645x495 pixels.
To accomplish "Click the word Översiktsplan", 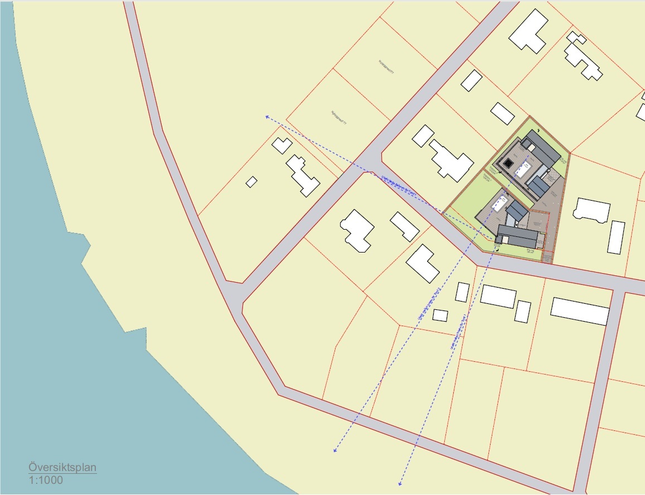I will coord(62,468).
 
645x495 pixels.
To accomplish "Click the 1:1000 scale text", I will coord(46,480).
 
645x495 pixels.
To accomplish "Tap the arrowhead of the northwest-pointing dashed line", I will coord(267,117).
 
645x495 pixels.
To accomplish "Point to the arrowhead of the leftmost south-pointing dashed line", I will coord(334,450).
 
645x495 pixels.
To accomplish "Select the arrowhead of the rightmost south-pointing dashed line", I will coord(400,483).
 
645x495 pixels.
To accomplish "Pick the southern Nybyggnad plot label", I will coord(338,115).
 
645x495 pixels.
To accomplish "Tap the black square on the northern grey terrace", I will coord(507,164).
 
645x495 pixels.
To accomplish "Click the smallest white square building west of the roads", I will coord(251,182).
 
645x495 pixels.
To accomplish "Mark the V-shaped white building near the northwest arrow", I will coord(282,145).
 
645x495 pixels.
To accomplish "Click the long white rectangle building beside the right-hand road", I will coord(580,311).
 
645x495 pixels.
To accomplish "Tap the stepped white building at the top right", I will coord(583,56).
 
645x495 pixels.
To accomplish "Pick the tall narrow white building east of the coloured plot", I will coord(616,237).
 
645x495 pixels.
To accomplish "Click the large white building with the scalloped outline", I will coord(357,230).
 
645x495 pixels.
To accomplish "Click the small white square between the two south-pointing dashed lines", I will coord(440,315).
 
